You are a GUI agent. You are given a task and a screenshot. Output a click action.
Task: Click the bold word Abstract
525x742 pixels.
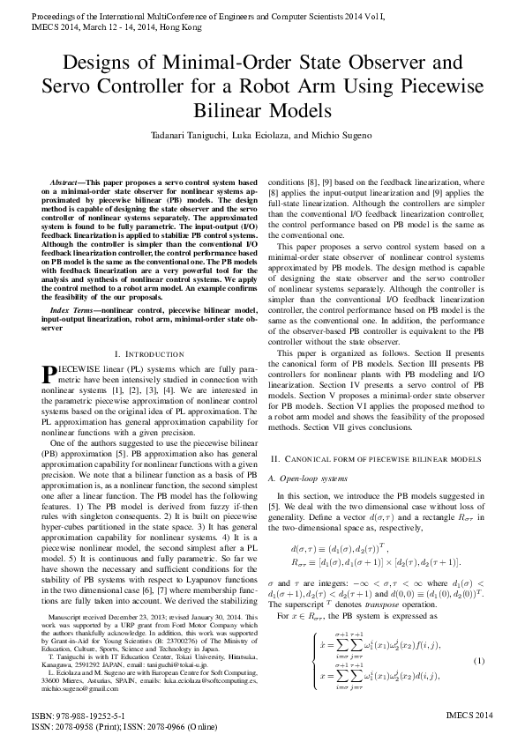tap(68, 181)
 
